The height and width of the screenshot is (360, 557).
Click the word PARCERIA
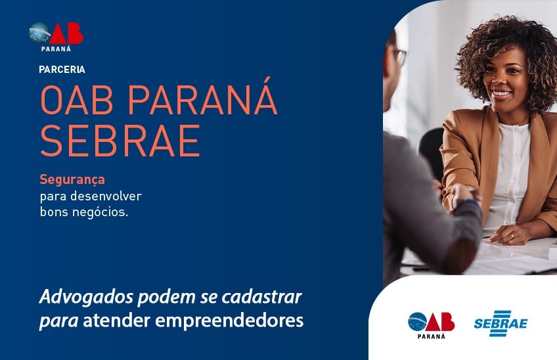click(62, 69)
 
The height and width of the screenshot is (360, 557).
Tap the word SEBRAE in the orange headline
click(120, 141)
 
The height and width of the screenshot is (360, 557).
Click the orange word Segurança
click(72, 180)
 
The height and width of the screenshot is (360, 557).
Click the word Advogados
click(86, 297)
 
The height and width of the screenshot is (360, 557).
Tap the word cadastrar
click(262, 297)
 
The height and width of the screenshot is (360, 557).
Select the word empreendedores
click(229, 321)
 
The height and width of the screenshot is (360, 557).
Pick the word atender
click(116, 321)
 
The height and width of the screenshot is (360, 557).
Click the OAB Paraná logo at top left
click(56, 37)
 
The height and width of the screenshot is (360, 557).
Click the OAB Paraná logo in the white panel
click(431, 325)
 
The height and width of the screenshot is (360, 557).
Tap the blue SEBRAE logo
click(501, 323)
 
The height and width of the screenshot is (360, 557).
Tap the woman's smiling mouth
click(502, 93)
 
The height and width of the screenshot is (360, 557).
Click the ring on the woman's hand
click(512, 235)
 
